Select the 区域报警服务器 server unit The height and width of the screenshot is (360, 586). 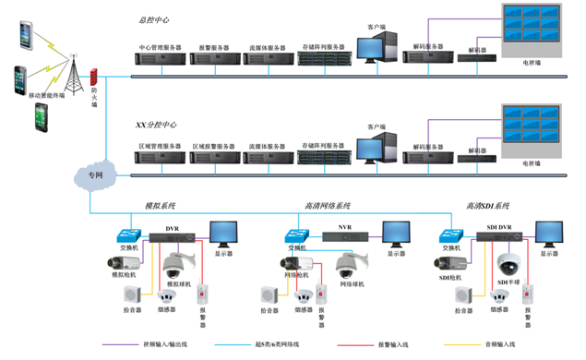(x=214, y=159)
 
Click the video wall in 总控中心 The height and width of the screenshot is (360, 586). (x=533, y=31)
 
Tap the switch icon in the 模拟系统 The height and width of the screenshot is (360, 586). (x=126, y=234)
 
